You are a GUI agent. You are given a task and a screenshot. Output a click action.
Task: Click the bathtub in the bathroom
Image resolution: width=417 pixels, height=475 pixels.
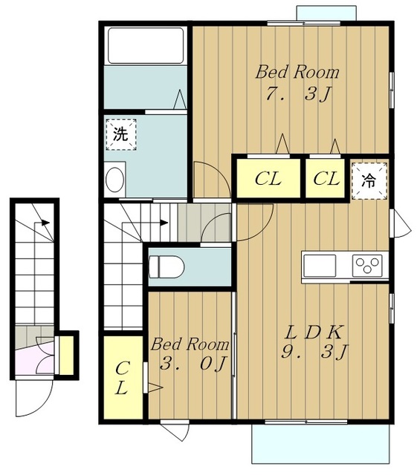coord(146,45)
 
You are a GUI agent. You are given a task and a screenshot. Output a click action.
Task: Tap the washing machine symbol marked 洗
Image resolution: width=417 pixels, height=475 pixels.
coord(121,134)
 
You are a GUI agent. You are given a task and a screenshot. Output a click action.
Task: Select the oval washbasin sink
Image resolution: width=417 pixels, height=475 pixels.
coord(114,180)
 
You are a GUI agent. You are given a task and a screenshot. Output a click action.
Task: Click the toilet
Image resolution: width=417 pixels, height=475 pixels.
coord(167,266)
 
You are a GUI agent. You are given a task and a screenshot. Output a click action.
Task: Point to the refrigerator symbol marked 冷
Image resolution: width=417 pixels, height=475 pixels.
coord(369,181)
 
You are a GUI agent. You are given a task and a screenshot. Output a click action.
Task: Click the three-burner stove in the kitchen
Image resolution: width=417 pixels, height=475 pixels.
coord(367,266)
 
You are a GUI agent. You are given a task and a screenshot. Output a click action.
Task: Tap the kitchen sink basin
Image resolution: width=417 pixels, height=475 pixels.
coord(320,266)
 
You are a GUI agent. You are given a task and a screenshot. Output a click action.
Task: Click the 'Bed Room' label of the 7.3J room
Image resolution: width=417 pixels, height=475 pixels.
coord(297,73)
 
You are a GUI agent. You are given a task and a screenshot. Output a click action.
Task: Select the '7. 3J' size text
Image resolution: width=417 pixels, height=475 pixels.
coord(298,94)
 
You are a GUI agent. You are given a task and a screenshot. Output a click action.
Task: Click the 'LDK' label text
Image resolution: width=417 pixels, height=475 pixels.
coord(314,332)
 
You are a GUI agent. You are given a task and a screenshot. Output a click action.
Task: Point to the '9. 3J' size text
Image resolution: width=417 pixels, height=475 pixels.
coord(314,351)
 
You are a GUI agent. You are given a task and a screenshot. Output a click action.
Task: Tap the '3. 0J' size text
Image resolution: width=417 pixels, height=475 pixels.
coord(193,363)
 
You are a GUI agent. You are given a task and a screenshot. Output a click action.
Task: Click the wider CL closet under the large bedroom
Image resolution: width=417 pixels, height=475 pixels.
coord(268,178)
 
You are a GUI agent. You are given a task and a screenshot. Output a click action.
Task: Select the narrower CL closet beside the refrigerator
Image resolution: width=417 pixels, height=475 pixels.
coord(326,178)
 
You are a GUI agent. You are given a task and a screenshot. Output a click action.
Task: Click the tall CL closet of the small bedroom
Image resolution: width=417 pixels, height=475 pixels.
coord(123,377)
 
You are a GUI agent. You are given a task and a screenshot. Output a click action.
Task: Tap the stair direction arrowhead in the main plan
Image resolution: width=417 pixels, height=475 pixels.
coord(164,223)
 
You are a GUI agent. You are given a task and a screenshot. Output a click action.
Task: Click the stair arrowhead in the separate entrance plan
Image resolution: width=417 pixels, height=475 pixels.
coord(45,223)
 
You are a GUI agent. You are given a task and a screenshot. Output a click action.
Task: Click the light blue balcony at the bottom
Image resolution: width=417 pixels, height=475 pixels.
coord(320,444)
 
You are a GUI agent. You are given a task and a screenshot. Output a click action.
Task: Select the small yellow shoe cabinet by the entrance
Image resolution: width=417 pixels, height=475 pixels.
coord(67,355)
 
